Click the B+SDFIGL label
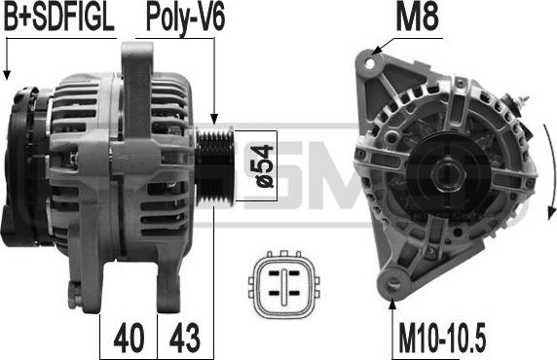pyautogui.click(x=59, y=17)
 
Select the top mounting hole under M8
pyautogui.click(x=371, y=61)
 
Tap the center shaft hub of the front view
pyautogui.click(x=452, y=176)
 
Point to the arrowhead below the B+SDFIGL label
pyautogui.click(x=7, y=75)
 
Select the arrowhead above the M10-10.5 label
pyautogui.click(x=393, y=304)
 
